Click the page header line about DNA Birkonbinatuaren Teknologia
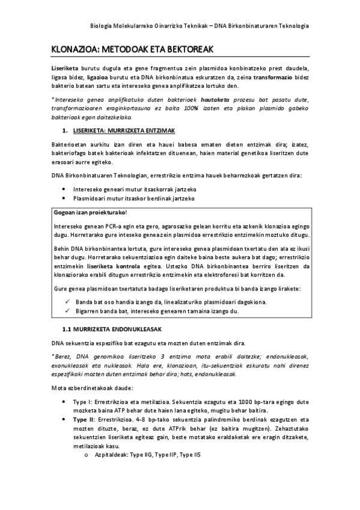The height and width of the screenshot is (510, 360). [x=199, y=26]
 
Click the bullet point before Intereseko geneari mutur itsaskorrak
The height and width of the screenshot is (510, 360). [x=64, y=188]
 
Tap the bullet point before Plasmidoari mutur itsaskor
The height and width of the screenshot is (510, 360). [x=64, y=198]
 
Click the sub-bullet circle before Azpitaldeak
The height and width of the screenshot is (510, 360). [x=88, y=455]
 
